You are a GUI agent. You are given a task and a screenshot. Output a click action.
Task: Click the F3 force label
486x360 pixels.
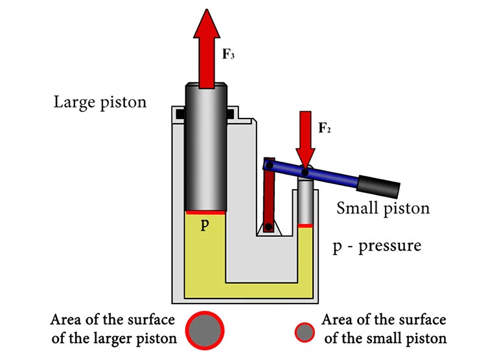(228, 54)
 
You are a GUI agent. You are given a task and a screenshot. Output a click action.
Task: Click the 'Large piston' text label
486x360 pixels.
(100, 102)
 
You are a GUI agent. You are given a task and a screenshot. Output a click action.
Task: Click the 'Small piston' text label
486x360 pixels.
(383, 208)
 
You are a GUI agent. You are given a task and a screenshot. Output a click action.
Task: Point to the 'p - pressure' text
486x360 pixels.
(376, 247)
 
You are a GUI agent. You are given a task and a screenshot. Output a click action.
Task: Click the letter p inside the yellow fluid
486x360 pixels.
(204, 228)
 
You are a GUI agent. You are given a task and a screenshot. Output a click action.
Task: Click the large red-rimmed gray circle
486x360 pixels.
(205, 329)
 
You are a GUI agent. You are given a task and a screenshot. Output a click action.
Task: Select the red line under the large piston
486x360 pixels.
(205, 212)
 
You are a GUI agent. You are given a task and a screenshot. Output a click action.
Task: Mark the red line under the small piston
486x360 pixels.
(305, 225)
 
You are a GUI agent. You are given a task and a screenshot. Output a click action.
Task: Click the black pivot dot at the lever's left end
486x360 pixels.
(266, 166)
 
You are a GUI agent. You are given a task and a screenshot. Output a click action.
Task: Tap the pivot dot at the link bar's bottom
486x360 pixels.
(268, 227)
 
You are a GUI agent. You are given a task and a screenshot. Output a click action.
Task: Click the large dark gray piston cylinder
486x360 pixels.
(205, 149)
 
